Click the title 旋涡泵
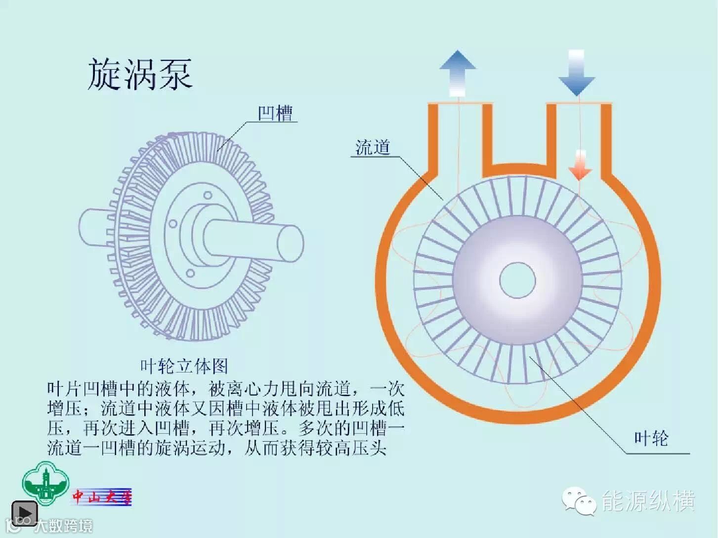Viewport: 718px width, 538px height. pyautogui.click(x=140, y=74)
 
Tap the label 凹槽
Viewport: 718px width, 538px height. pyautogui.click(x=276, y=113)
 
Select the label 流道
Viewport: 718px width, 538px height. pyautogui.click(x=373, y=147)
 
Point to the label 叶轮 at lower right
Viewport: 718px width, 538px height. pyautogui.click(x=651, y=438)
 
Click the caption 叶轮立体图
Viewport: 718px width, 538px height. pyautogui.click(x=184, y=366)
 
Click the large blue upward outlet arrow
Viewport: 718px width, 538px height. pyautogui.click(x=458, y=72)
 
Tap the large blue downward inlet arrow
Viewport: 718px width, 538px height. pyautogui.click(x=576, y=72)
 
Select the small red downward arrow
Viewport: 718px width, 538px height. pyautogui.click(x=580, y=165)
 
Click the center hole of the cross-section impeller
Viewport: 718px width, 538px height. pyautogui.click(x=517, y=280)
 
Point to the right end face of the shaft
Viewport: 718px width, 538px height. pyautogui.click(x=290, y=242)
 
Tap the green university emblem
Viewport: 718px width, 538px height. pyautogui.click(x=45, y=484)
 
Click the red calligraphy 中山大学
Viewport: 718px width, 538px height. pyautogui.click(x=102, y=497)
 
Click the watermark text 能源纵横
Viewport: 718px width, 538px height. pyautogui.click(x=648, y=501)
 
